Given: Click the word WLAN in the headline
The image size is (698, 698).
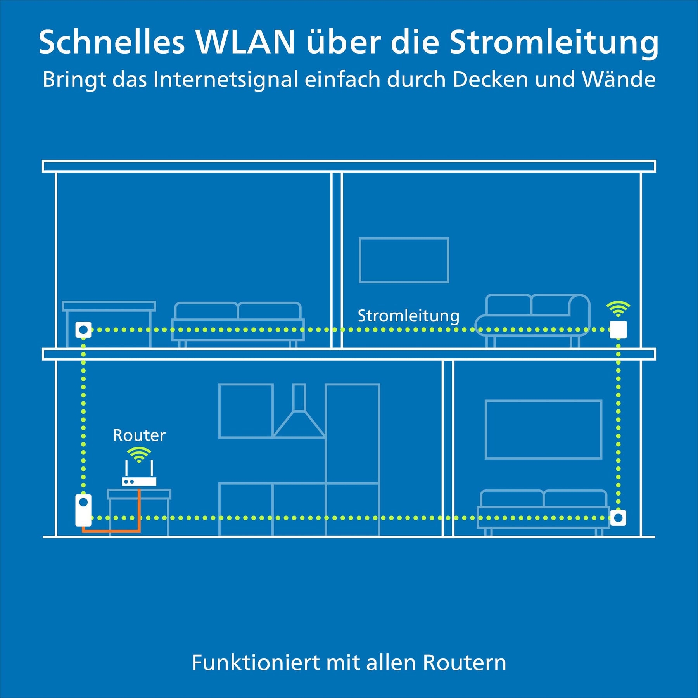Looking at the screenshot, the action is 245,42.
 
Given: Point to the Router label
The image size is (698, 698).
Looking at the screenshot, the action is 139,435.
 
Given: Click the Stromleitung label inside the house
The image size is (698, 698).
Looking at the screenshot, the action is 408,316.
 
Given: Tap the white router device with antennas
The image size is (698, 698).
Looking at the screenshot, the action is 139,473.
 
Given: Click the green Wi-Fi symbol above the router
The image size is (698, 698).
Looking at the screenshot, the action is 139,454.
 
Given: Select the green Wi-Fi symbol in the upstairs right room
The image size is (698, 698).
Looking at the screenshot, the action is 618,309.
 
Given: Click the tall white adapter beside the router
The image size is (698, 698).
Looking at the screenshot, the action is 83,510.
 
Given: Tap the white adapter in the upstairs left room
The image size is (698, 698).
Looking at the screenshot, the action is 83,330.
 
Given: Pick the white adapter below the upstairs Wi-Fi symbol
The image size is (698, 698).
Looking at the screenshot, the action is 618,330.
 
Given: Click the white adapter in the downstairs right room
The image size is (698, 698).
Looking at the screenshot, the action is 618,518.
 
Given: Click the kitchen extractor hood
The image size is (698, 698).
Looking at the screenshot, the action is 299,411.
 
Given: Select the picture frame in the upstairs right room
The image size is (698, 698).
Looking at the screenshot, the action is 404,260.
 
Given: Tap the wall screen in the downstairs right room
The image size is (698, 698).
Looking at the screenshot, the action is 544,430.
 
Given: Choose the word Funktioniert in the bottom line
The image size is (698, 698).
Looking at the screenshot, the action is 256,662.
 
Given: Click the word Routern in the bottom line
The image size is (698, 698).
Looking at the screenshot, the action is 465,662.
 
